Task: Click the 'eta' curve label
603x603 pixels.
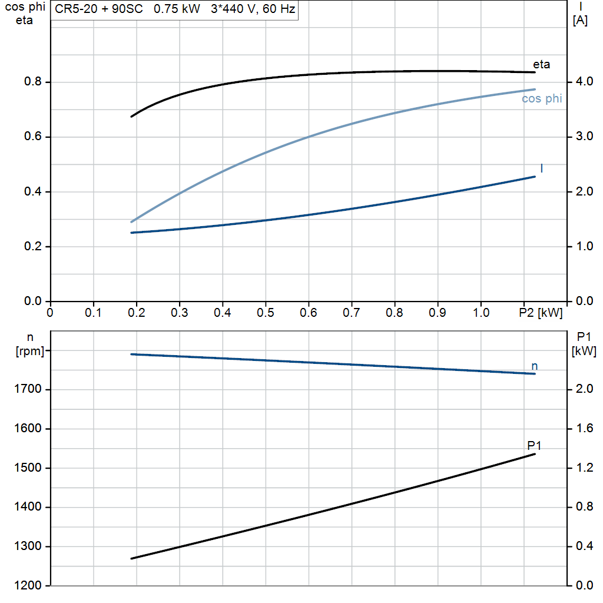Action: [x=541, y=65]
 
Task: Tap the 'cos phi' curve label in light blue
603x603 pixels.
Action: [x=542, y=99]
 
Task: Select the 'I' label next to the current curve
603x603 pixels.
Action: [x=542, y=169]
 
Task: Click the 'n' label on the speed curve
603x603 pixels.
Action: [x=535, y=366]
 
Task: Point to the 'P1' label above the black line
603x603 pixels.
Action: [x=534, y=446]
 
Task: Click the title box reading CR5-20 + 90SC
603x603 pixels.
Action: [x=174, y=10]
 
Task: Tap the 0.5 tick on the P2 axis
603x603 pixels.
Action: [x=266, y=312]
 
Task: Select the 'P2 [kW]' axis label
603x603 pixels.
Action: [x=541, y=312]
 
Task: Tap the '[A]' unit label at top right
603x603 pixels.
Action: [x=580, y=21]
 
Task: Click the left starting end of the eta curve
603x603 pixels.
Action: [x=131, y=117]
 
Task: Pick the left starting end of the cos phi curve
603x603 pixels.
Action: [x=131, y=222]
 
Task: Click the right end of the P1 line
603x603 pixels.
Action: [x=535, y=454]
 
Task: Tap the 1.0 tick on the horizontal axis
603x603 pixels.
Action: [x=481, y=312]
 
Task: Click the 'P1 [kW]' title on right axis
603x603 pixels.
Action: [x=584, y=344]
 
